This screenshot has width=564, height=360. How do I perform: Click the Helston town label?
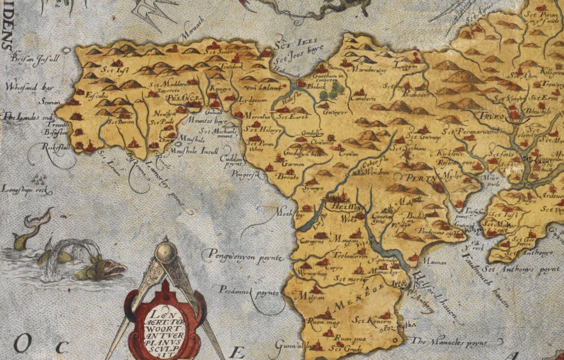pos(346,207)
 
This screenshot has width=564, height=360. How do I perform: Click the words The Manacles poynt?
pos(449,342)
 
